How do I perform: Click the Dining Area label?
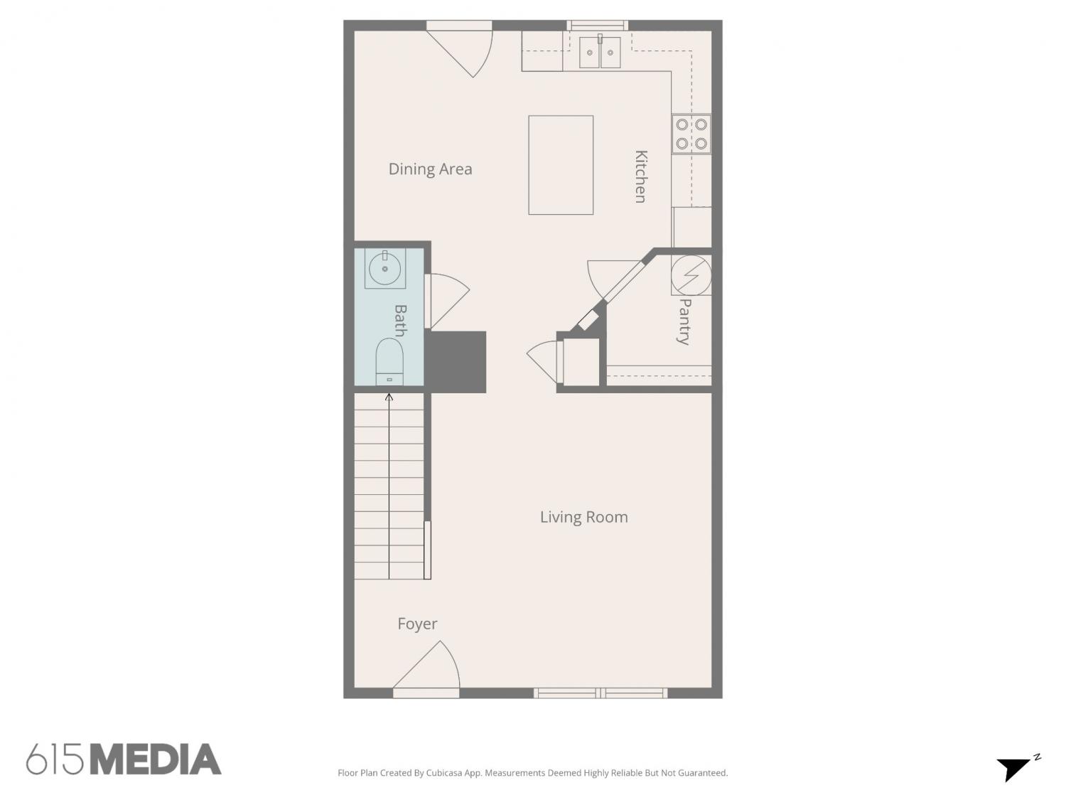coord(430,169)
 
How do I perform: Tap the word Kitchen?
coord(641,176)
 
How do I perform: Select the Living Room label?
coord(583,517)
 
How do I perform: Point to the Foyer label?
coord(417,624)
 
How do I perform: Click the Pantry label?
coord(684,321)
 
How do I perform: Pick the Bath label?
coord(400,321)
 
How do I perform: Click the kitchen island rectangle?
coord(561,165)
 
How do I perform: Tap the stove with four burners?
coord(691,134)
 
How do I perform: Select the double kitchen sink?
coord(600,52)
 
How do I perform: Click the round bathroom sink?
coord(385,268)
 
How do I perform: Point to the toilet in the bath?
coord(389,362)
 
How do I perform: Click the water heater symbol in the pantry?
coord(691,275)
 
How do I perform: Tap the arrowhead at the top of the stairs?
coord(389,397)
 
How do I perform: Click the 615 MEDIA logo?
coord(124,759)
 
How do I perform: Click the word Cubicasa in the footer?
coord(443,773)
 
